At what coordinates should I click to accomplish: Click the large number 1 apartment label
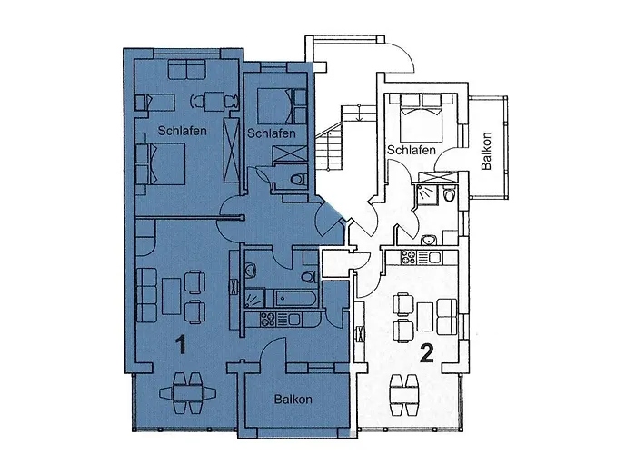pyautogui.click(x=181, y=345)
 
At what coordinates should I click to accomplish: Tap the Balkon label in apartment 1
pyautogui.click(x=293, y=399)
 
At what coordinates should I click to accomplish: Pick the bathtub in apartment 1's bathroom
pyautogui.click(x=289, y=298)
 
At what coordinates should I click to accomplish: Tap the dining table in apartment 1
pyautogui.click(x=188, y=394)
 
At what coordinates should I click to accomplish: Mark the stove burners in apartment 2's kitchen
pyautogui.click(x=406, y=255)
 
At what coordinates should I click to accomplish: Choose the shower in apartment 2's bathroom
pyautogui.click(x=424, y=194)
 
